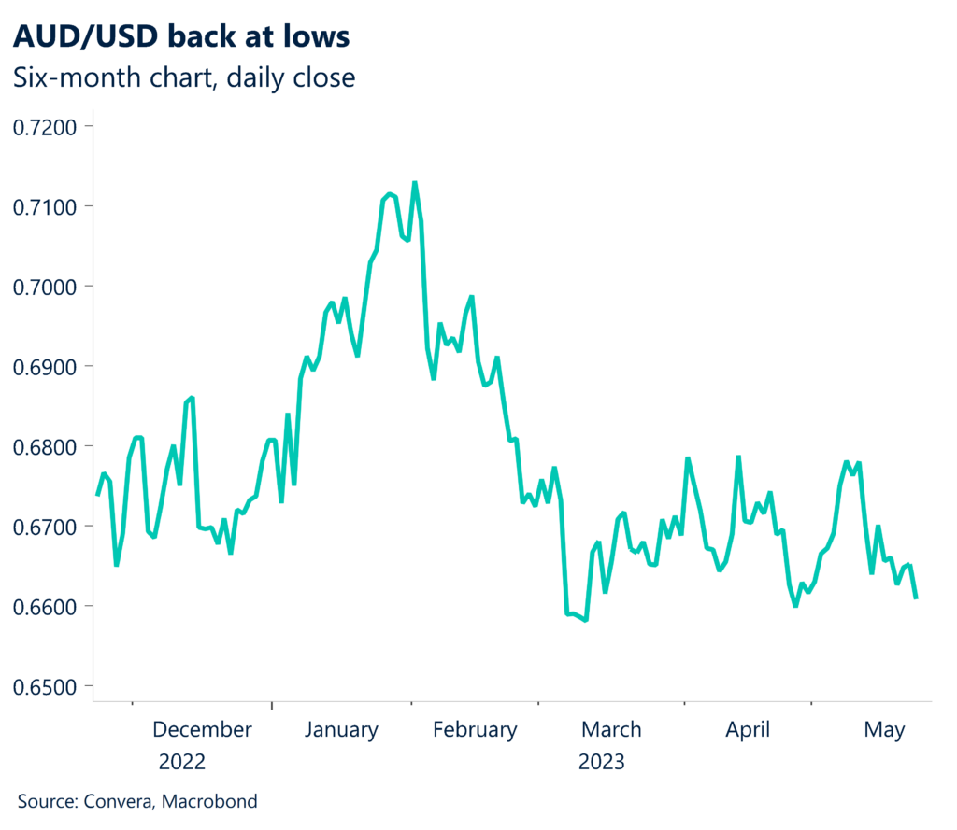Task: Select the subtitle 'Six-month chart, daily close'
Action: [184, 77]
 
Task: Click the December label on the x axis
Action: [202, 729]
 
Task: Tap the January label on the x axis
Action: [341, 729]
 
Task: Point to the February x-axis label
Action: [475, 729]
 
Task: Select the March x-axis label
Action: [610, 729]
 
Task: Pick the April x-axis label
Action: [748, 729]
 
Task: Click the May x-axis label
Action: [884, 730]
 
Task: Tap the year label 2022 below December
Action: [181, 761]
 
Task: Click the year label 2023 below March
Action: [602, 761]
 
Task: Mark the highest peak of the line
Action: [414, 183]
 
